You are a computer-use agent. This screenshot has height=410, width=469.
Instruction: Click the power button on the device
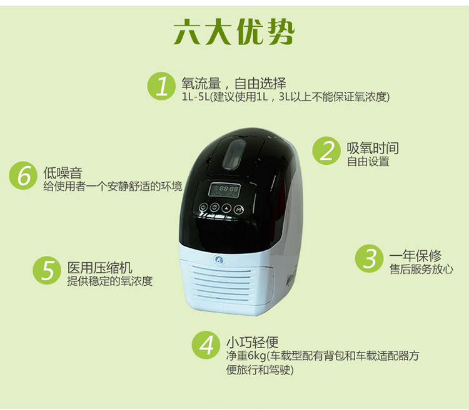pyautogui.click(x=203, y=207)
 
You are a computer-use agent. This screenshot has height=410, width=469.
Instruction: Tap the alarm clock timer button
pyautogui.click(x=214, y=207)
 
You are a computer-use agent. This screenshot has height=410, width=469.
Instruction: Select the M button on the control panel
pyautogui.click(x=238, y=210)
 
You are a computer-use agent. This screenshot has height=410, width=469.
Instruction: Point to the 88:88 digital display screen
pyautogui.click(x=224, y=190)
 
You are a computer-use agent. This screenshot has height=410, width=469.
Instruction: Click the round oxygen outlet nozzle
pyautogui.click(x=219, y=260)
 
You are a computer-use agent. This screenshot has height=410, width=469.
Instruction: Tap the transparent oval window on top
pyautogui.click(x=234, y=154)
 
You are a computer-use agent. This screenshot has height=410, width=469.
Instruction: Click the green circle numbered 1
pyautogui.click(x=161, y=86)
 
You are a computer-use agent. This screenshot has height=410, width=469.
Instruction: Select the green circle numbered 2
pyautogui.click(x=326, y=150)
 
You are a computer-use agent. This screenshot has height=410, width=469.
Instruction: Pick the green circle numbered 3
pyautogui.click(x=369, y=258)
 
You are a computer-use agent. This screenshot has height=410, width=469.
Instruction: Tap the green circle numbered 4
pyautogui.click(x=206, y=345)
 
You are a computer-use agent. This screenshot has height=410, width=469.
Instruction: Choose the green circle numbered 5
pyautogui.click(x=47, y=270)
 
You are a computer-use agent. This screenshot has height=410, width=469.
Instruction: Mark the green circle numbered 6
pyautogui.click(x=23, y=175)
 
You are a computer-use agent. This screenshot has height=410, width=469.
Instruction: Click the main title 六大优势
pyautogui.click(x=234, y=32)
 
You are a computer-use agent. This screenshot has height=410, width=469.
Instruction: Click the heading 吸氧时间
pyautogui.click(x=373, y=148)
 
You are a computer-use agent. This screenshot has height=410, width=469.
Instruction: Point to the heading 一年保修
pyautogui.click(x=415, y=256)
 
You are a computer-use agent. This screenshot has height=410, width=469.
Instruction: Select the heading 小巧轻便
pyautogui.click(x=252, y=342)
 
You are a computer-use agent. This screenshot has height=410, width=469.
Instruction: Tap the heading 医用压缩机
pyautogui.click(x=99, y=268)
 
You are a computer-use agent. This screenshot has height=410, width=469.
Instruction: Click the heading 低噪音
pyautogui.click(x=63, y=173)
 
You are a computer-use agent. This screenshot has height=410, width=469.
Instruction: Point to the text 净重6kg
pyautogui.click(x=246, y=356)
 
